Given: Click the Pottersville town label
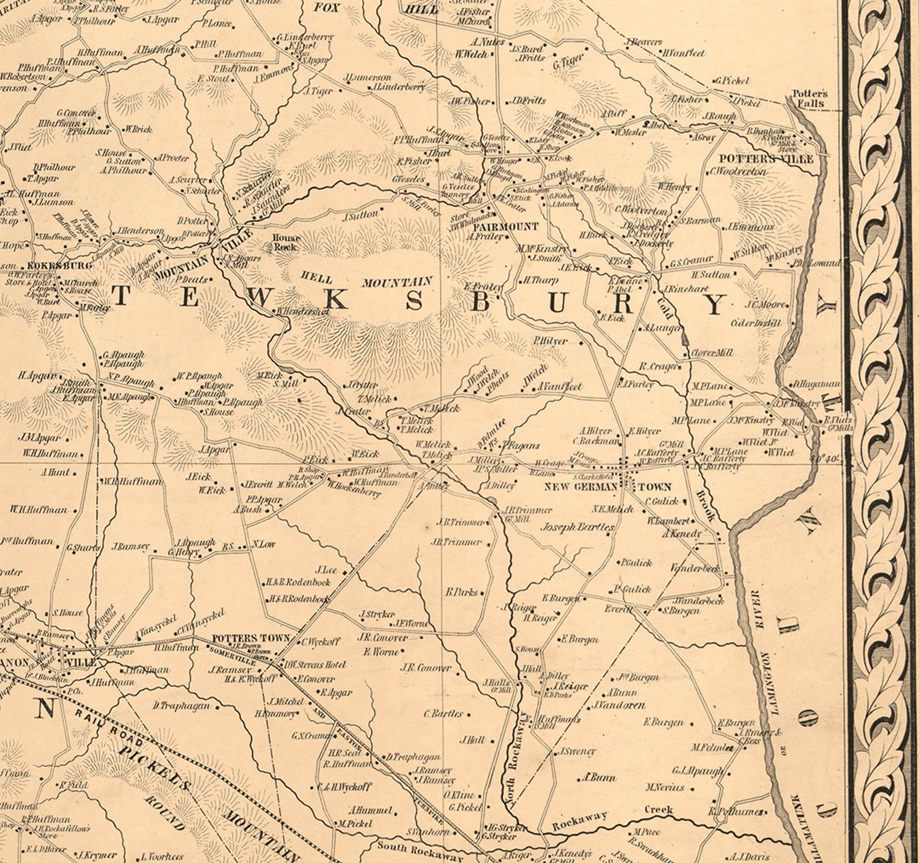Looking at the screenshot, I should click(x=766, y=159).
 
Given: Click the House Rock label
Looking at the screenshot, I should click(x=286, y=242).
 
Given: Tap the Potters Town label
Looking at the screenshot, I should click(x=251, y=638).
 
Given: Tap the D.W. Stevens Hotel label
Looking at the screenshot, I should click(x=314, y=664).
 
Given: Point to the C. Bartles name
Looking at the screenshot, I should click(x=443, y=713).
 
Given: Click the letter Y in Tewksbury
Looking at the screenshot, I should click(x=716, y=304).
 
